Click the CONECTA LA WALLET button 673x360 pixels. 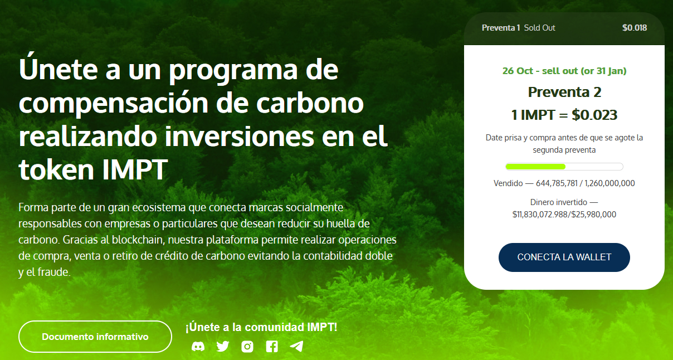coord(564,257)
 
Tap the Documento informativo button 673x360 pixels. coord(95,337)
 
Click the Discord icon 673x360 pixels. coord(198,347)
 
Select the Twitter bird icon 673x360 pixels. coord(223,347)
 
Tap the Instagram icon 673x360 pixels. coord(247,347)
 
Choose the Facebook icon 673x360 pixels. coord(272,347)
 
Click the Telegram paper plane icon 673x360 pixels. coord(296,347)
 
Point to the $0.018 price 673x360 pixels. coord(635,28)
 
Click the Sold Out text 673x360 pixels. coord(540,28)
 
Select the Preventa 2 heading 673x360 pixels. coord(564,92)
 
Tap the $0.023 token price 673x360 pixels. coord(594,115)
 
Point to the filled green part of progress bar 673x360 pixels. coord(536,167)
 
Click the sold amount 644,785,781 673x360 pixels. coord(557,183)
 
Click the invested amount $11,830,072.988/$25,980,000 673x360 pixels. coord(564,214)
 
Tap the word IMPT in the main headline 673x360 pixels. coord(135,169)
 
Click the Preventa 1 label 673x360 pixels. coord(501,28)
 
